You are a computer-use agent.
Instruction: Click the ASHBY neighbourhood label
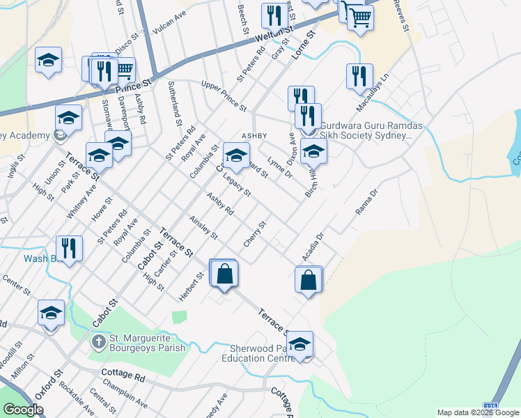(254, 135)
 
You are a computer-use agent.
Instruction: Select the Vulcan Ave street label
(170, 26)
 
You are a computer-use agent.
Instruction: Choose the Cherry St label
(255, 234)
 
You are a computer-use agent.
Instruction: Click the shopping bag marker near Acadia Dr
(308, 280)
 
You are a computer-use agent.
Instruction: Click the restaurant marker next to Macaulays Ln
(359, 77)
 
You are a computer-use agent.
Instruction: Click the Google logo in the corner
(24, 410)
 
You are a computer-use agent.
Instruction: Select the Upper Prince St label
(224, 96)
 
